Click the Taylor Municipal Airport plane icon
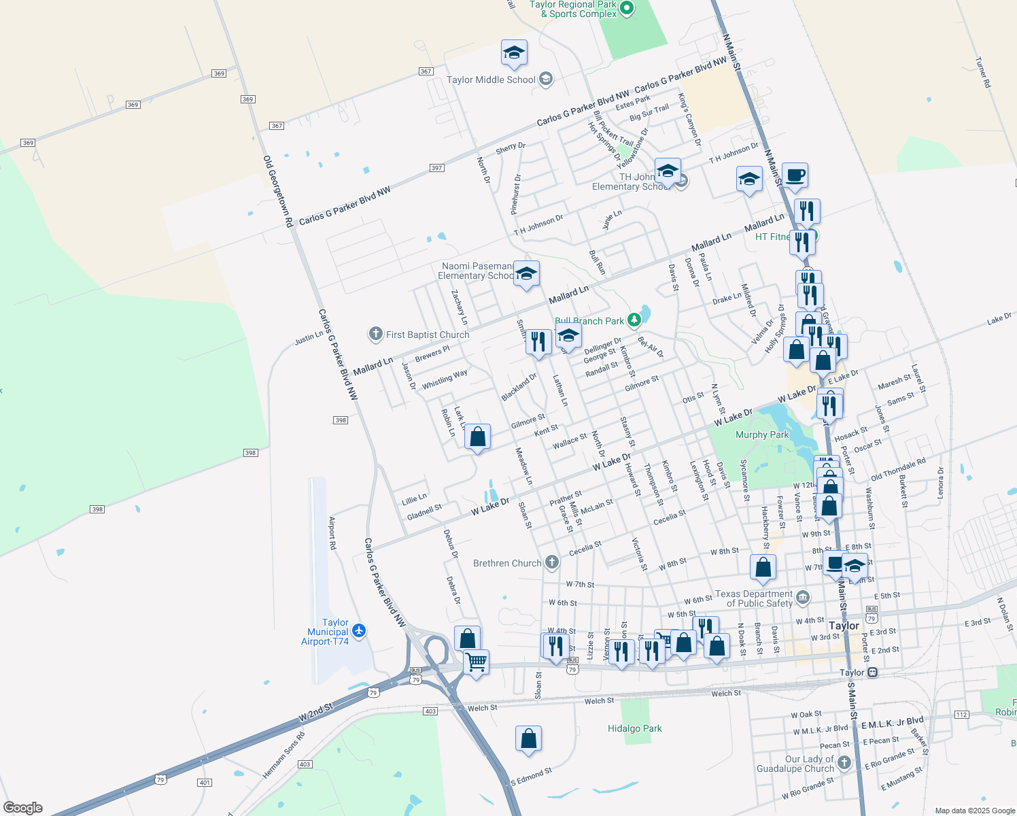pos(360,631)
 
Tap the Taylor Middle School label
pos(491,80)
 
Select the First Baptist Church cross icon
pos(375,334)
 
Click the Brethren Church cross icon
pos(552,562)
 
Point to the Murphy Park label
pos(762,435)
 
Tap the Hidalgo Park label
pos(634,728)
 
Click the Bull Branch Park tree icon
pos(634,320)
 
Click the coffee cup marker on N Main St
pos(795,176)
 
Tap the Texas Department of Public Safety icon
pos(803,598)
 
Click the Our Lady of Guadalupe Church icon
pos(844,763)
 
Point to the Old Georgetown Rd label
pos(278,191)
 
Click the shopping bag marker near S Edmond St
pos(528,738)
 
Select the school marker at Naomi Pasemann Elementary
pos(526,274)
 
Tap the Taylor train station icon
pos(872,673)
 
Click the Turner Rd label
pos(983,72)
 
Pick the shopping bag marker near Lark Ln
pos(478,437)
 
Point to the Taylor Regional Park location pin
pos(627,9)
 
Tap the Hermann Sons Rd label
pos(283,755)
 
